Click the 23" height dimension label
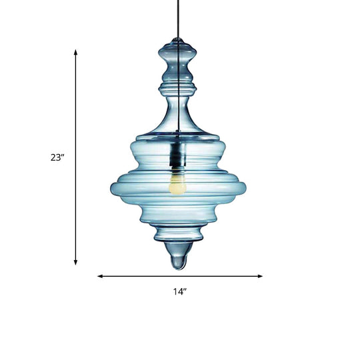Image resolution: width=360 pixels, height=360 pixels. (x=57, y=158)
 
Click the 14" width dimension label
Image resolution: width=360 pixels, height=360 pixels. (x=179, y=291)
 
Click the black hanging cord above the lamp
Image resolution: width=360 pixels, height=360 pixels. (x=178, y=20)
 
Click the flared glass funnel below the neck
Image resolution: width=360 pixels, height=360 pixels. (x=178, y=123)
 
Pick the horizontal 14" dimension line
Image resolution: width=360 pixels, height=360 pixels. (x=180, y=275)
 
